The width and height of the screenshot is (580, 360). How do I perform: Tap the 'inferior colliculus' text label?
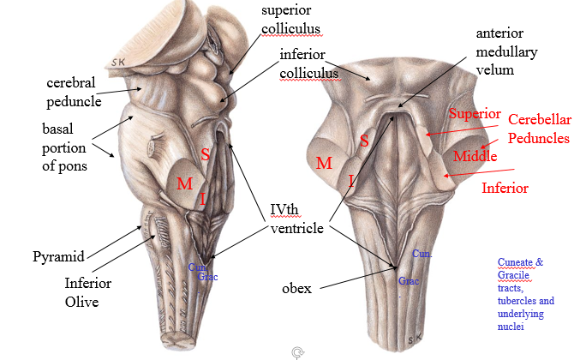tap(309, 64)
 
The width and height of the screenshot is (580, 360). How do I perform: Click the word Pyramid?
tap(59, 256)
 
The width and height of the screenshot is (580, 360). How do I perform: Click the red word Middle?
tap(475, 155)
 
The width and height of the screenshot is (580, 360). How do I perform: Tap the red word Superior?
tap(474, 115)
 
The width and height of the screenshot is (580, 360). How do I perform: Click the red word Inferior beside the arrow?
tap(505, 187)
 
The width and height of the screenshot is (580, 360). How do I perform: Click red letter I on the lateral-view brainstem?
tap(203, 199)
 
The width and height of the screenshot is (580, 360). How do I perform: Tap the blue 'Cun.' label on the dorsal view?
tap(422, 254)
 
